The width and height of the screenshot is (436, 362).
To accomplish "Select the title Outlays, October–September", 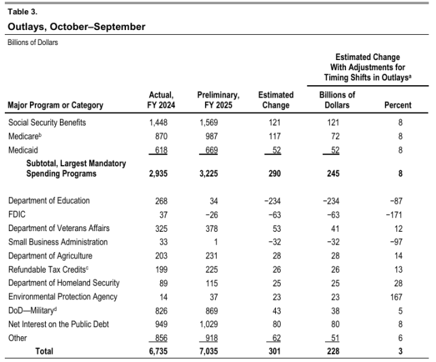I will coord(76,27).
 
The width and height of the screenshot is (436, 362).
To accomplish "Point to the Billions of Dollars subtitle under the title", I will coord(33,42).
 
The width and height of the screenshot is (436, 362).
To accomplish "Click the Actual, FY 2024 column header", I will coord(161,100).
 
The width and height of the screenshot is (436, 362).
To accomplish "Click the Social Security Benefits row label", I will coord(47,123).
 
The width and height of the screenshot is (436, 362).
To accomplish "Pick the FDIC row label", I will coord(17,214).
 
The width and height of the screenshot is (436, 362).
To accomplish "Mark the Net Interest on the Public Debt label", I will coord(58,324).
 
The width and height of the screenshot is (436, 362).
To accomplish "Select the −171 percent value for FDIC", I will coord(401,214).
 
